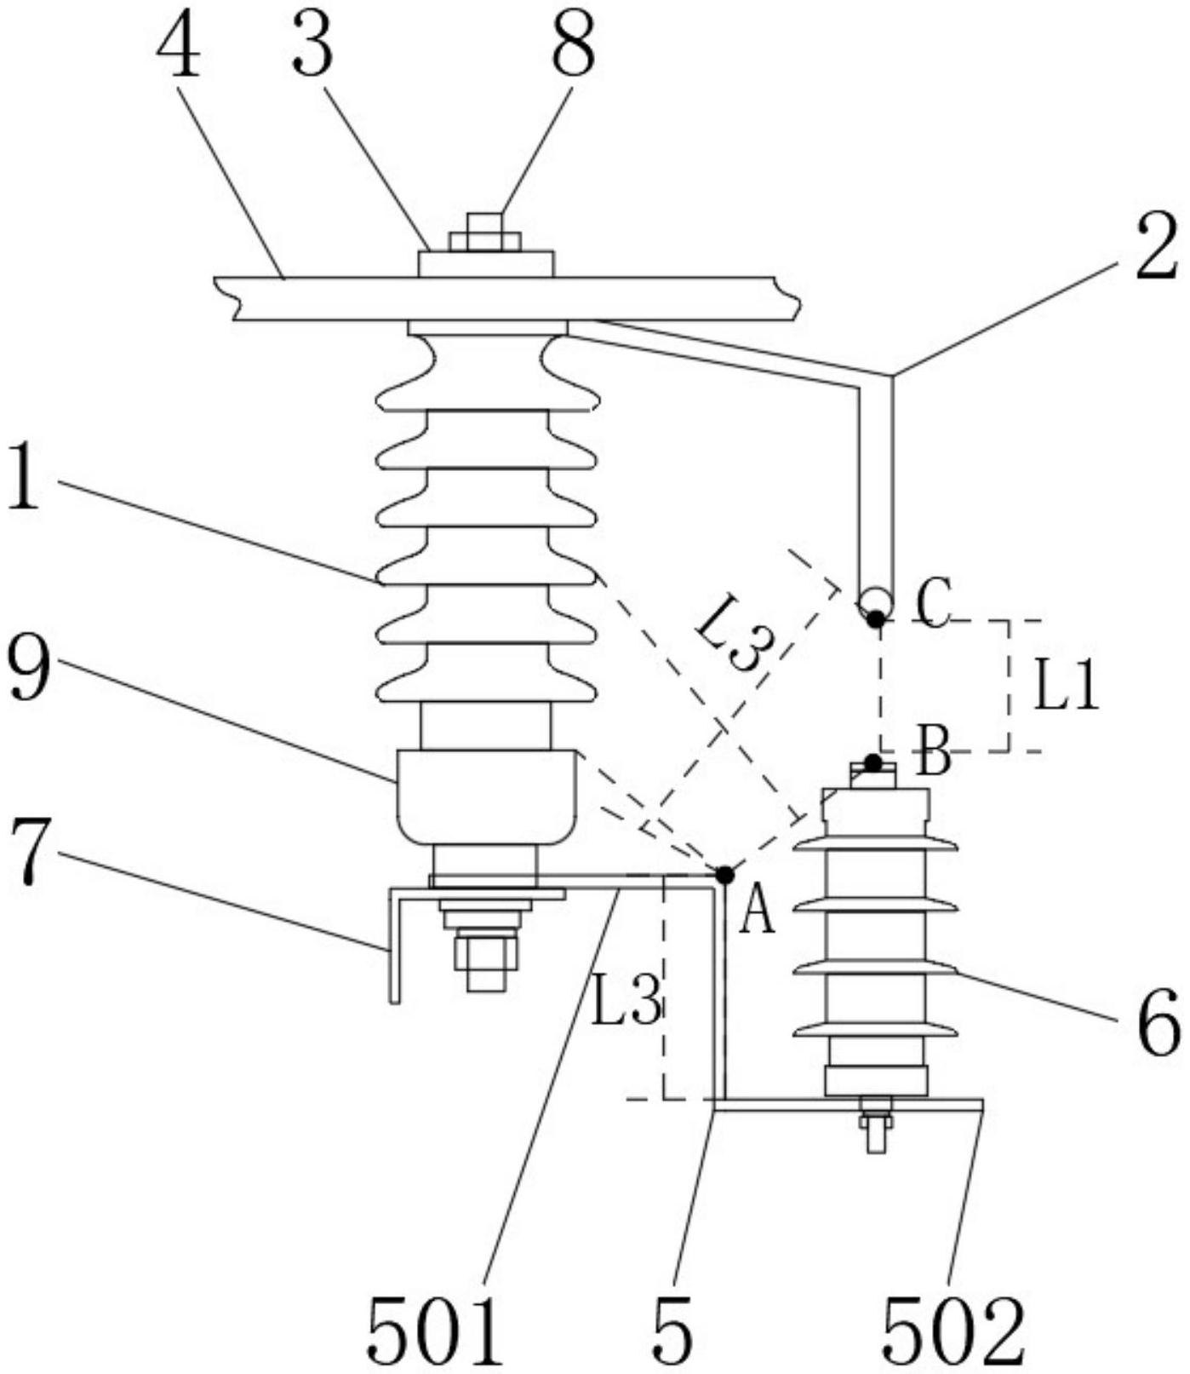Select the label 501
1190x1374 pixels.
coord(436,1332)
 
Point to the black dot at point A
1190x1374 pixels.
coord(724,875)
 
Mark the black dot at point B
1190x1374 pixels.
coord(873,761)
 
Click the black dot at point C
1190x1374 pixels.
coord(875,619)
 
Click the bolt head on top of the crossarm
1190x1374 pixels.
coord(484,231)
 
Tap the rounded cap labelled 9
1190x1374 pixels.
coord(486,797)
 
